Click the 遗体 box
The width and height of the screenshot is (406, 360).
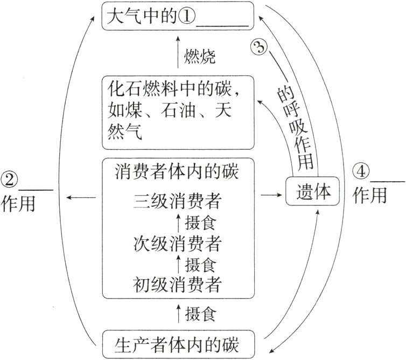[x=312, y=192]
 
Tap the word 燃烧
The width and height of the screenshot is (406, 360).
[x=200, y=56]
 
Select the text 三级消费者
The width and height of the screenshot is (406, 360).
[x=177, y=202]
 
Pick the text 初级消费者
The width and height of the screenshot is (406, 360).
[x=177, y=284]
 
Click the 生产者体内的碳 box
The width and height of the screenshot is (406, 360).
[x=177, y=344]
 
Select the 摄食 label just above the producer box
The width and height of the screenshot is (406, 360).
[x=200, y=313]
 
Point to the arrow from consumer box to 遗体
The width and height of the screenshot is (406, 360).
[x=269, y=192]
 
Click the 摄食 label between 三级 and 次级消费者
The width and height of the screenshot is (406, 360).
[x=200, y=223]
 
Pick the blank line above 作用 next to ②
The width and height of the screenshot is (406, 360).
[x=37, y=189]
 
